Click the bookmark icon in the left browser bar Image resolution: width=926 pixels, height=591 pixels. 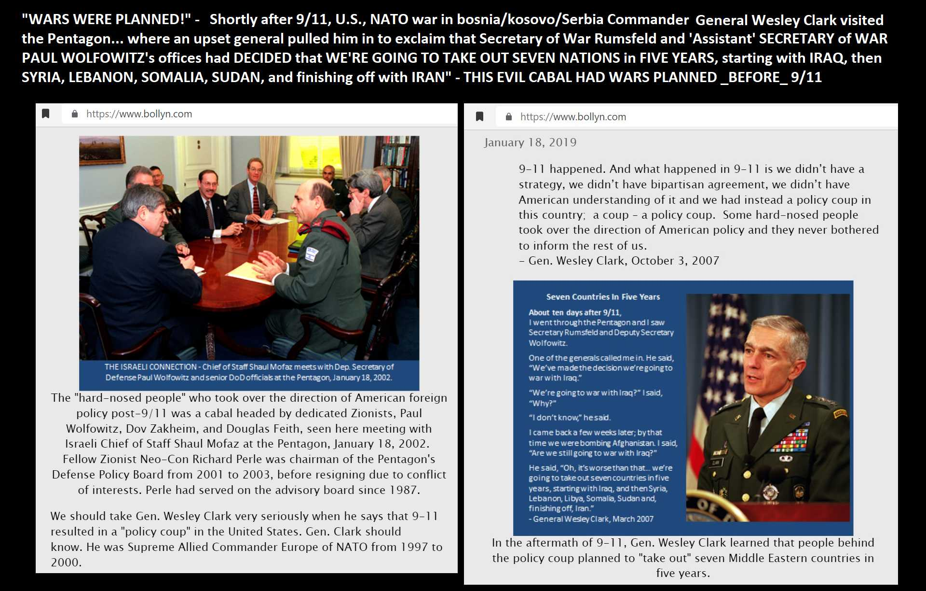pyautogui.click(x=46, y=114)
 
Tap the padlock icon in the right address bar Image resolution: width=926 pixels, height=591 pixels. pyautogui.click(x=508, y=117)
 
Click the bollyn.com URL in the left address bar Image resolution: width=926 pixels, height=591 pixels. pyautogui.click(x=139, y=114)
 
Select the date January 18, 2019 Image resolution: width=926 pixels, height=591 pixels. pyautogui.click(x=530, y=142)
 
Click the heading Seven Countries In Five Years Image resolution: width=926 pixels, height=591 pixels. pyautogui.click(x=603, y=297)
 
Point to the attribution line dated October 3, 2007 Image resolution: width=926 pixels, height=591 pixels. pyautogui.click(x=619, y=261)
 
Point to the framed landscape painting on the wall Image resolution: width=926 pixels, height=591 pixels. pyautogui.click(x=102, y=150)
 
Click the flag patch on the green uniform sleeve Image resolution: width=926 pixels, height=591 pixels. pyautogui.click(x=312, y=253)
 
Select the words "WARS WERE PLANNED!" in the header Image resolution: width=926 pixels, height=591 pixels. pyautogui.click(x=107, y=20)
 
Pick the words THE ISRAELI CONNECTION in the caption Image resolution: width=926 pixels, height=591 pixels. pyautogui.click(x=150, y=367)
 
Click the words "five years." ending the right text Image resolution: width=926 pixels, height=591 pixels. pyautogui.click(x=683, y=574)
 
